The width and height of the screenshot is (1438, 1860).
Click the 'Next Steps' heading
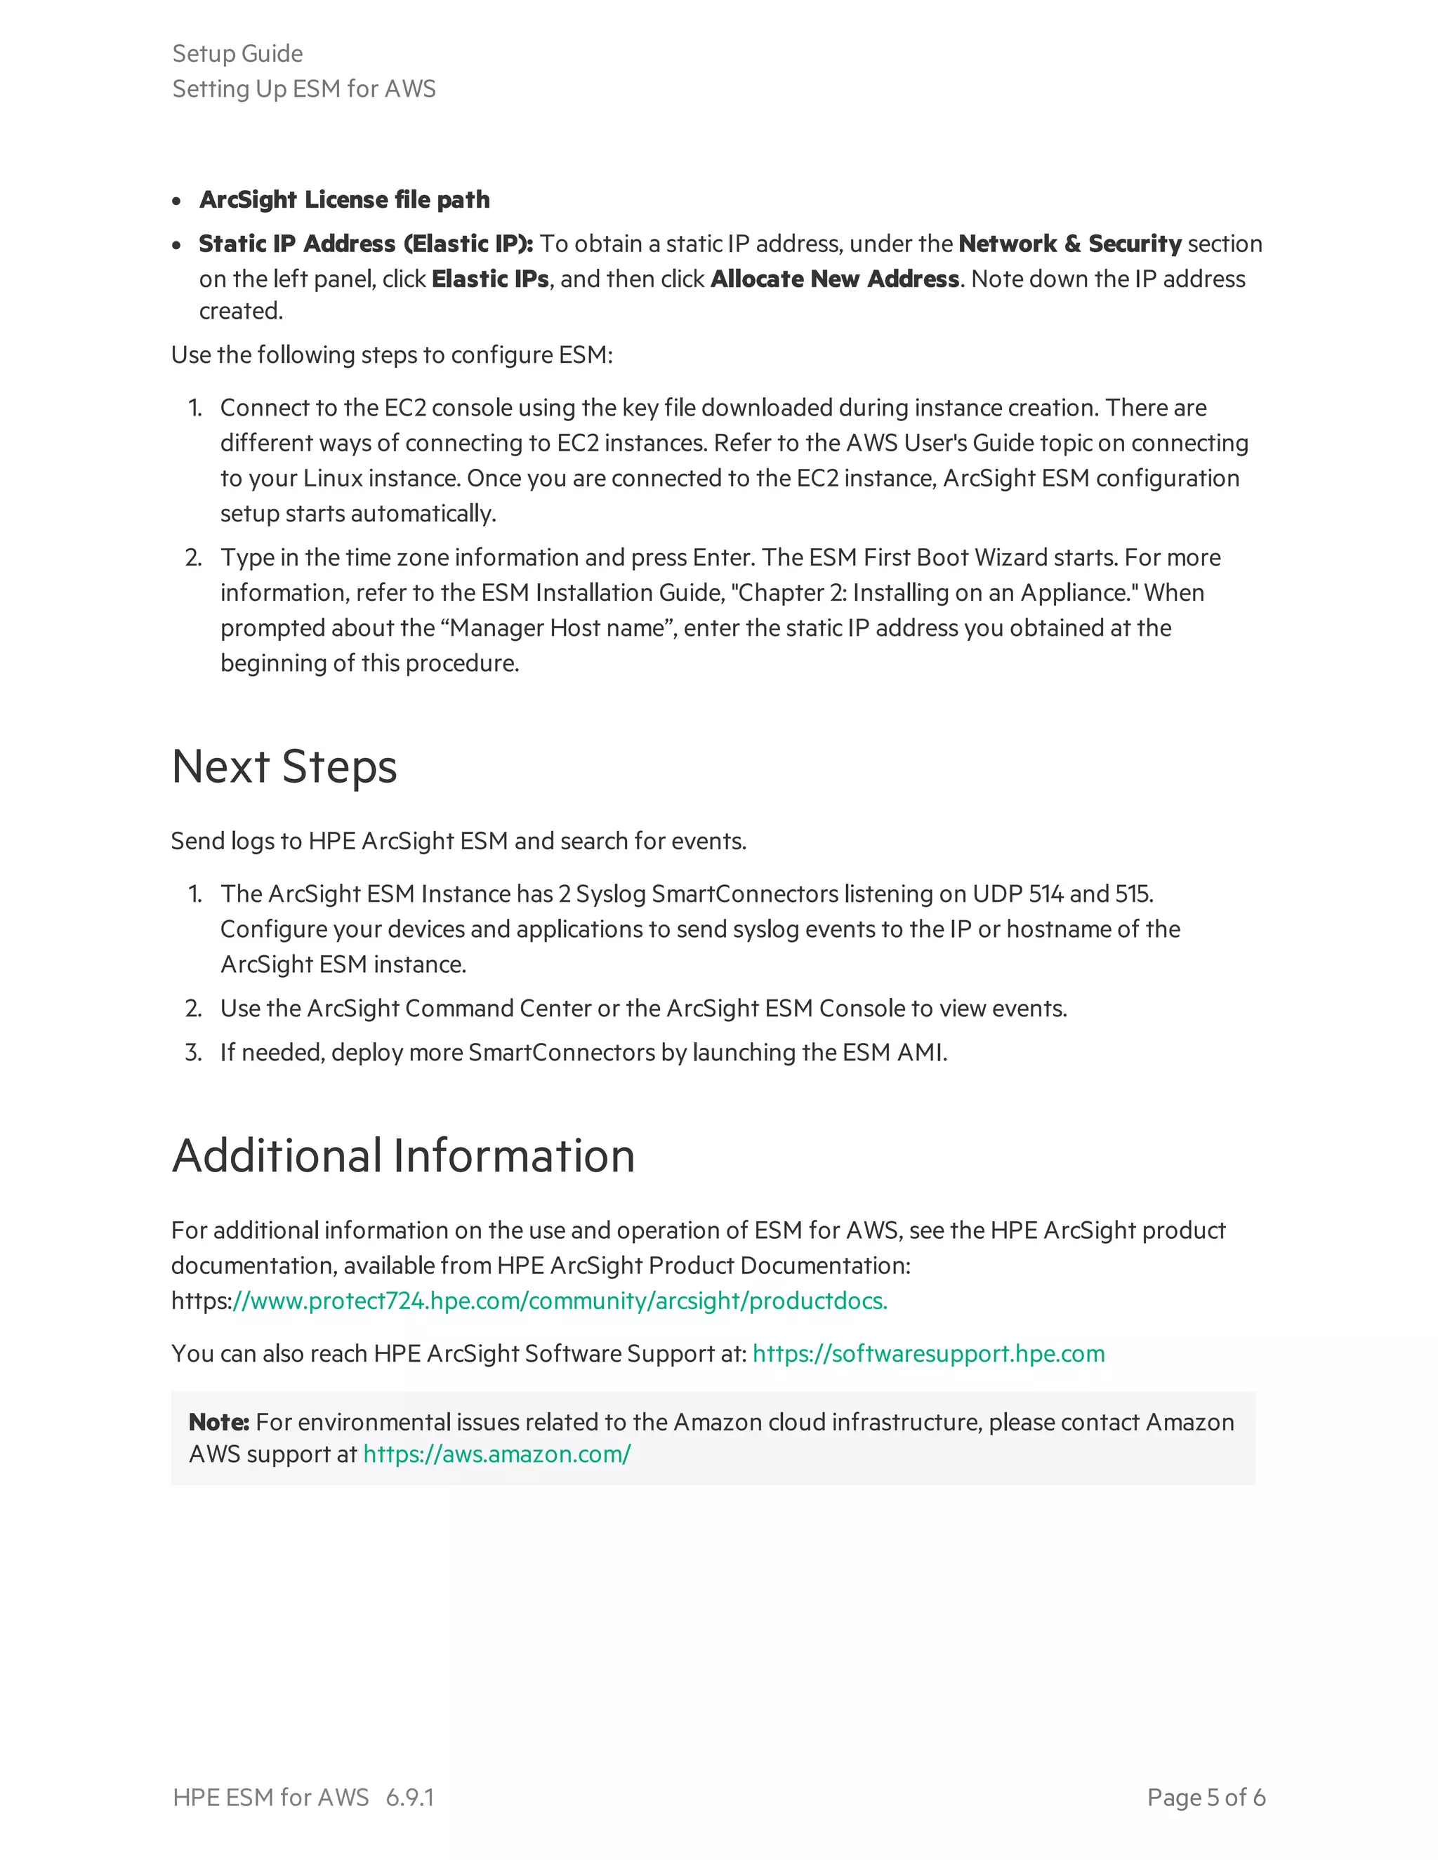click(x=284, y=766)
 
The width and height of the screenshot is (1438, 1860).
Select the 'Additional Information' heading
click(x=403, y=1156)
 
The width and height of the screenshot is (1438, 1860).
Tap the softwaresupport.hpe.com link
click(x=928, y=1353)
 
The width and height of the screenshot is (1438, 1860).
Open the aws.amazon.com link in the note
click(x=496, y=1454)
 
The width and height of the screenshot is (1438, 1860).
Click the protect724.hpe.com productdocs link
click(x=560, y=1301)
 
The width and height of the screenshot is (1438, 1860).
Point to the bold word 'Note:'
click(x=218, y=1421)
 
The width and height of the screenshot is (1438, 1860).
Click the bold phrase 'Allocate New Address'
click(x=834, y=279)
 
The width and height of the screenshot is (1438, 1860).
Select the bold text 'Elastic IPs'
click(x=490, y=279)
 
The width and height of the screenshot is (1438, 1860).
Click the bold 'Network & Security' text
click(x=1069, y=244)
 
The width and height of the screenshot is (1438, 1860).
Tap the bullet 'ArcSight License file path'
click(x=344, y=199)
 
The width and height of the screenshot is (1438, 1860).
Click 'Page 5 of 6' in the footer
click(x=1206, y=1797)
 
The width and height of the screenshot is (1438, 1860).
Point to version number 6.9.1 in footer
click(x=410, y=1797)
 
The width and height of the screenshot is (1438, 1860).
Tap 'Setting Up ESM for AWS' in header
click(x=303, y=88)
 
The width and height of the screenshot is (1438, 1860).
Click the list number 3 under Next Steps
click(x=193, y=1052)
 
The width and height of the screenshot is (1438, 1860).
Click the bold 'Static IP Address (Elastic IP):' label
click(x=365, y=244)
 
